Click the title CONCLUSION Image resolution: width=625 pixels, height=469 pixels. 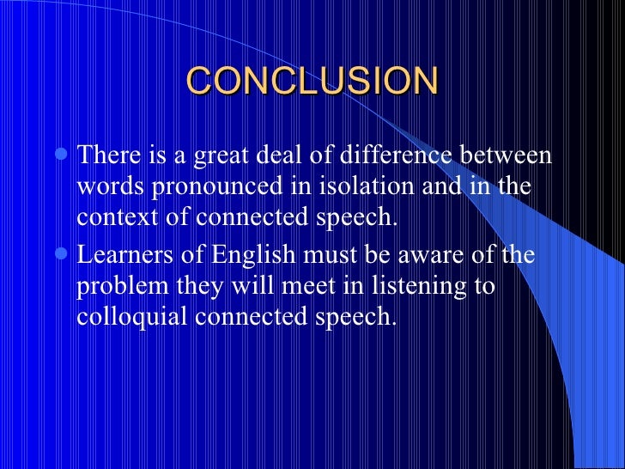[312, 82]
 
